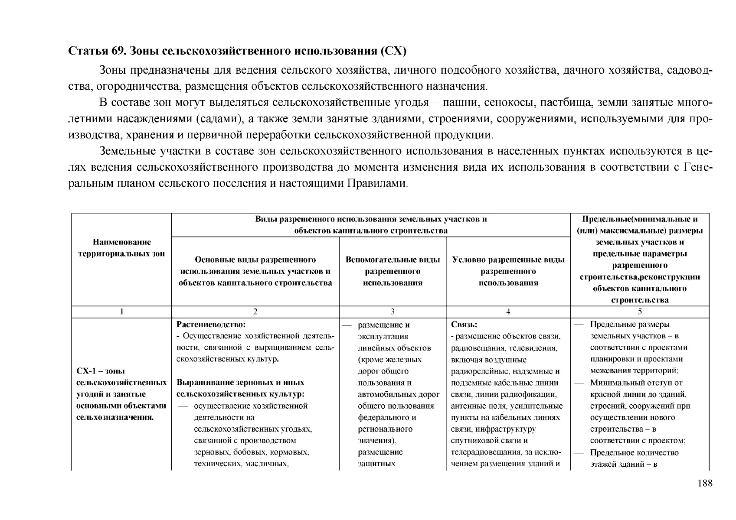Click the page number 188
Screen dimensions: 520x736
click(x=705, y=483)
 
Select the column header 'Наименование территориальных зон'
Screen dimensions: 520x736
click(x=121, y=248)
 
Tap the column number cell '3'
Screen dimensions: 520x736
click(x=392, y=312)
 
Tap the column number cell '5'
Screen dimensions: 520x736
click(x=640, y=312)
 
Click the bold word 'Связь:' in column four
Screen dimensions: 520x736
click(x=464, y=324)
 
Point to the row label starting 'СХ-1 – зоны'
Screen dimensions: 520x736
click(x=101, y=371)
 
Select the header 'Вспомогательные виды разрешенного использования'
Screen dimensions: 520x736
click(x=393, y=271)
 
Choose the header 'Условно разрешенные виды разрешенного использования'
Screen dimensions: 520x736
click(x=508, y=271)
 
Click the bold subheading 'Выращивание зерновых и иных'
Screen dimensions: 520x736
click(x=241, y=383)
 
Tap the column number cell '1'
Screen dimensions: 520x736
click(x=121, y=312)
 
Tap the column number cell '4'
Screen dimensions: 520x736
click(x=508, y=312)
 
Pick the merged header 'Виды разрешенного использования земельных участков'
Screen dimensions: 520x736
click(x=371, y=219)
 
